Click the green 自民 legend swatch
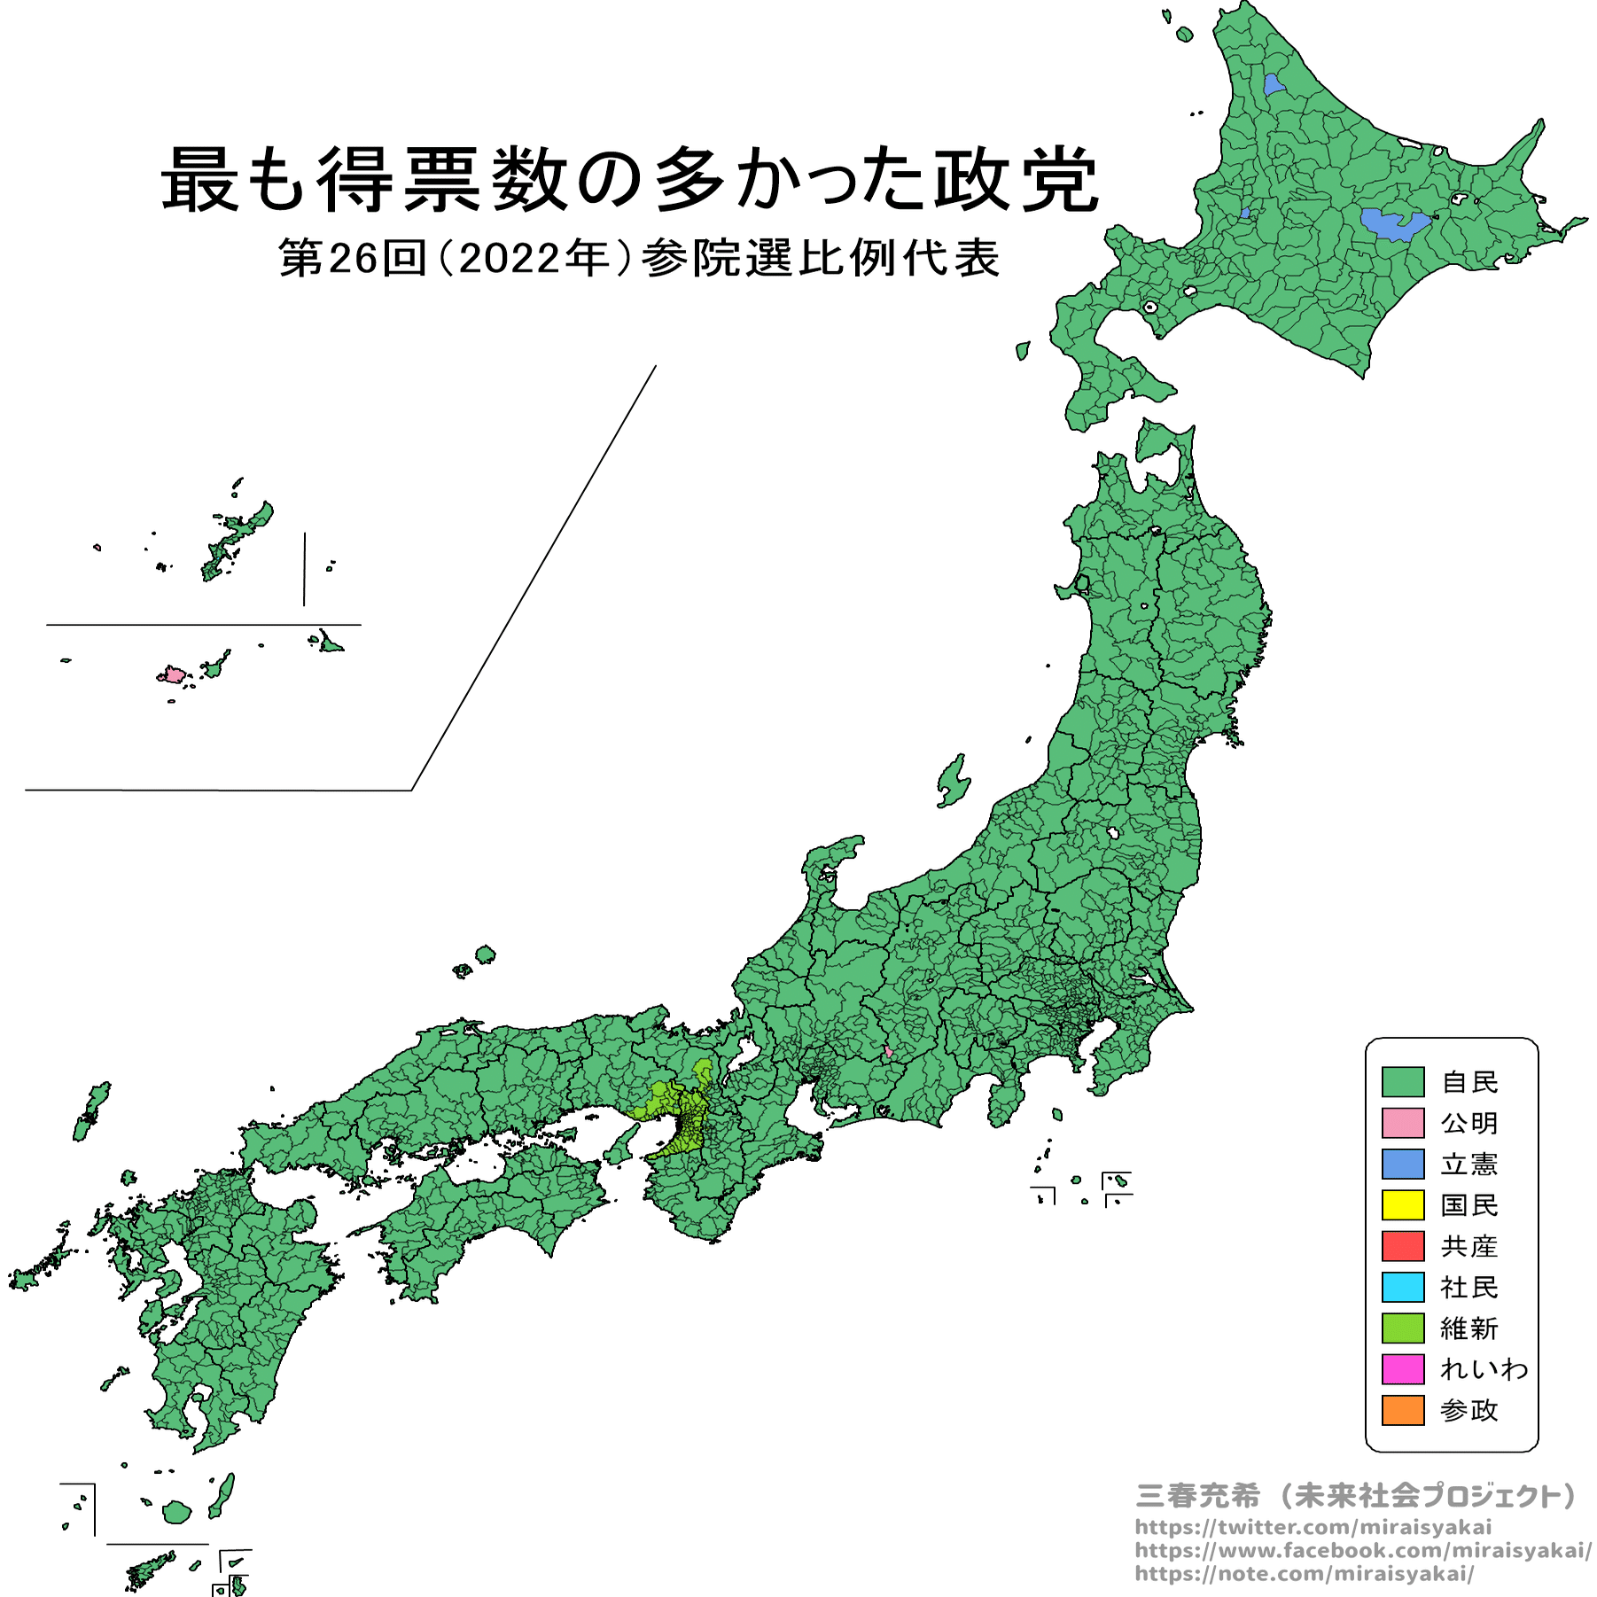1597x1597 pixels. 1402,1081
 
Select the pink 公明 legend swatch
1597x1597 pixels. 1402,1122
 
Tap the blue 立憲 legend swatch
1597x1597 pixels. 1402,1164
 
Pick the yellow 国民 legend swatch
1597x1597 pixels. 1402,1204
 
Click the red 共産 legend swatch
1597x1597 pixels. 1402,1245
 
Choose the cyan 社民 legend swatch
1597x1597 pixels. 1402,1286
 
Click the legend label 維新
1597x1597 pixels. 1468,1328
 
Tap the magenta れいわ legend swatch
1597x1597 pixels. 1402,1368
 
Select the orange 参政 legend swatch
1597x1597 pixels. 1402,1409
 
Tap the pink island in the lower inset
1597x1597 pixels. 172,675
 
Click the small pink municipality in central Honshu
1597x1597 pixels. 888,1052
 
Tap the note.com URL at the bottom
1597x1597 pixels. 1305,1573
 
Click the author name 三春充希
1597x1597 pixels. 1197,1495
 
